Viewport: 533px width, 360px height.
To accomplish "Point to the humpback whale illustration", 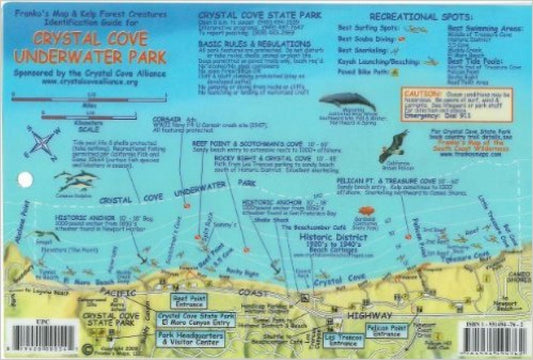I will (348, 102).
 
